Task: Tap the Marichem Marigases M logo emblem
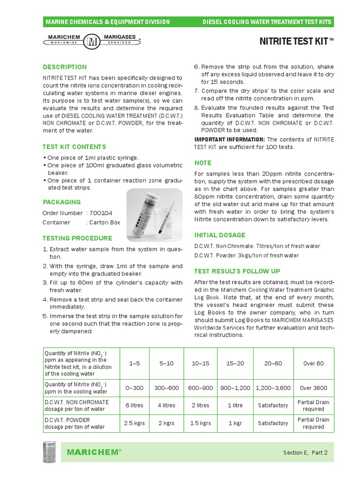click(90, 42)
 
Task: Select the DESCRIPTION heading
click(65, 67)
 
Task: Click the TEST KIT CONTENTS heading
click(74, 147)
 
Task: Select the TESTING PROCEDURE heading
click(77, 238)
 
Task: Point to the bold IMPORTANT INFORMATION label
click(229, 139)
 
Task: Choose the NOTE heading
click(202, 163)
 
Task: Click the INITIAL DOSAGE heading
click(219, 235)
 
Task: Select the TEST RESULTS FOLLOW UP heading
click(237, 271)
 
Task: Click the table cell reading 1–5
click(135, 363)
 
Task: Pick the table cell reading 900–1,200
click(236, 388)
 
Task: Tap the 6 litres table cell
click(135, 405)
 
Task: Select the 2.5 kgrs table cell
click(135, 423)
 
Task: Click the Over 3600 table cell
click(314, 388)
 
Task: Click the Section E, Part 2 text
click(305, 453)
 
